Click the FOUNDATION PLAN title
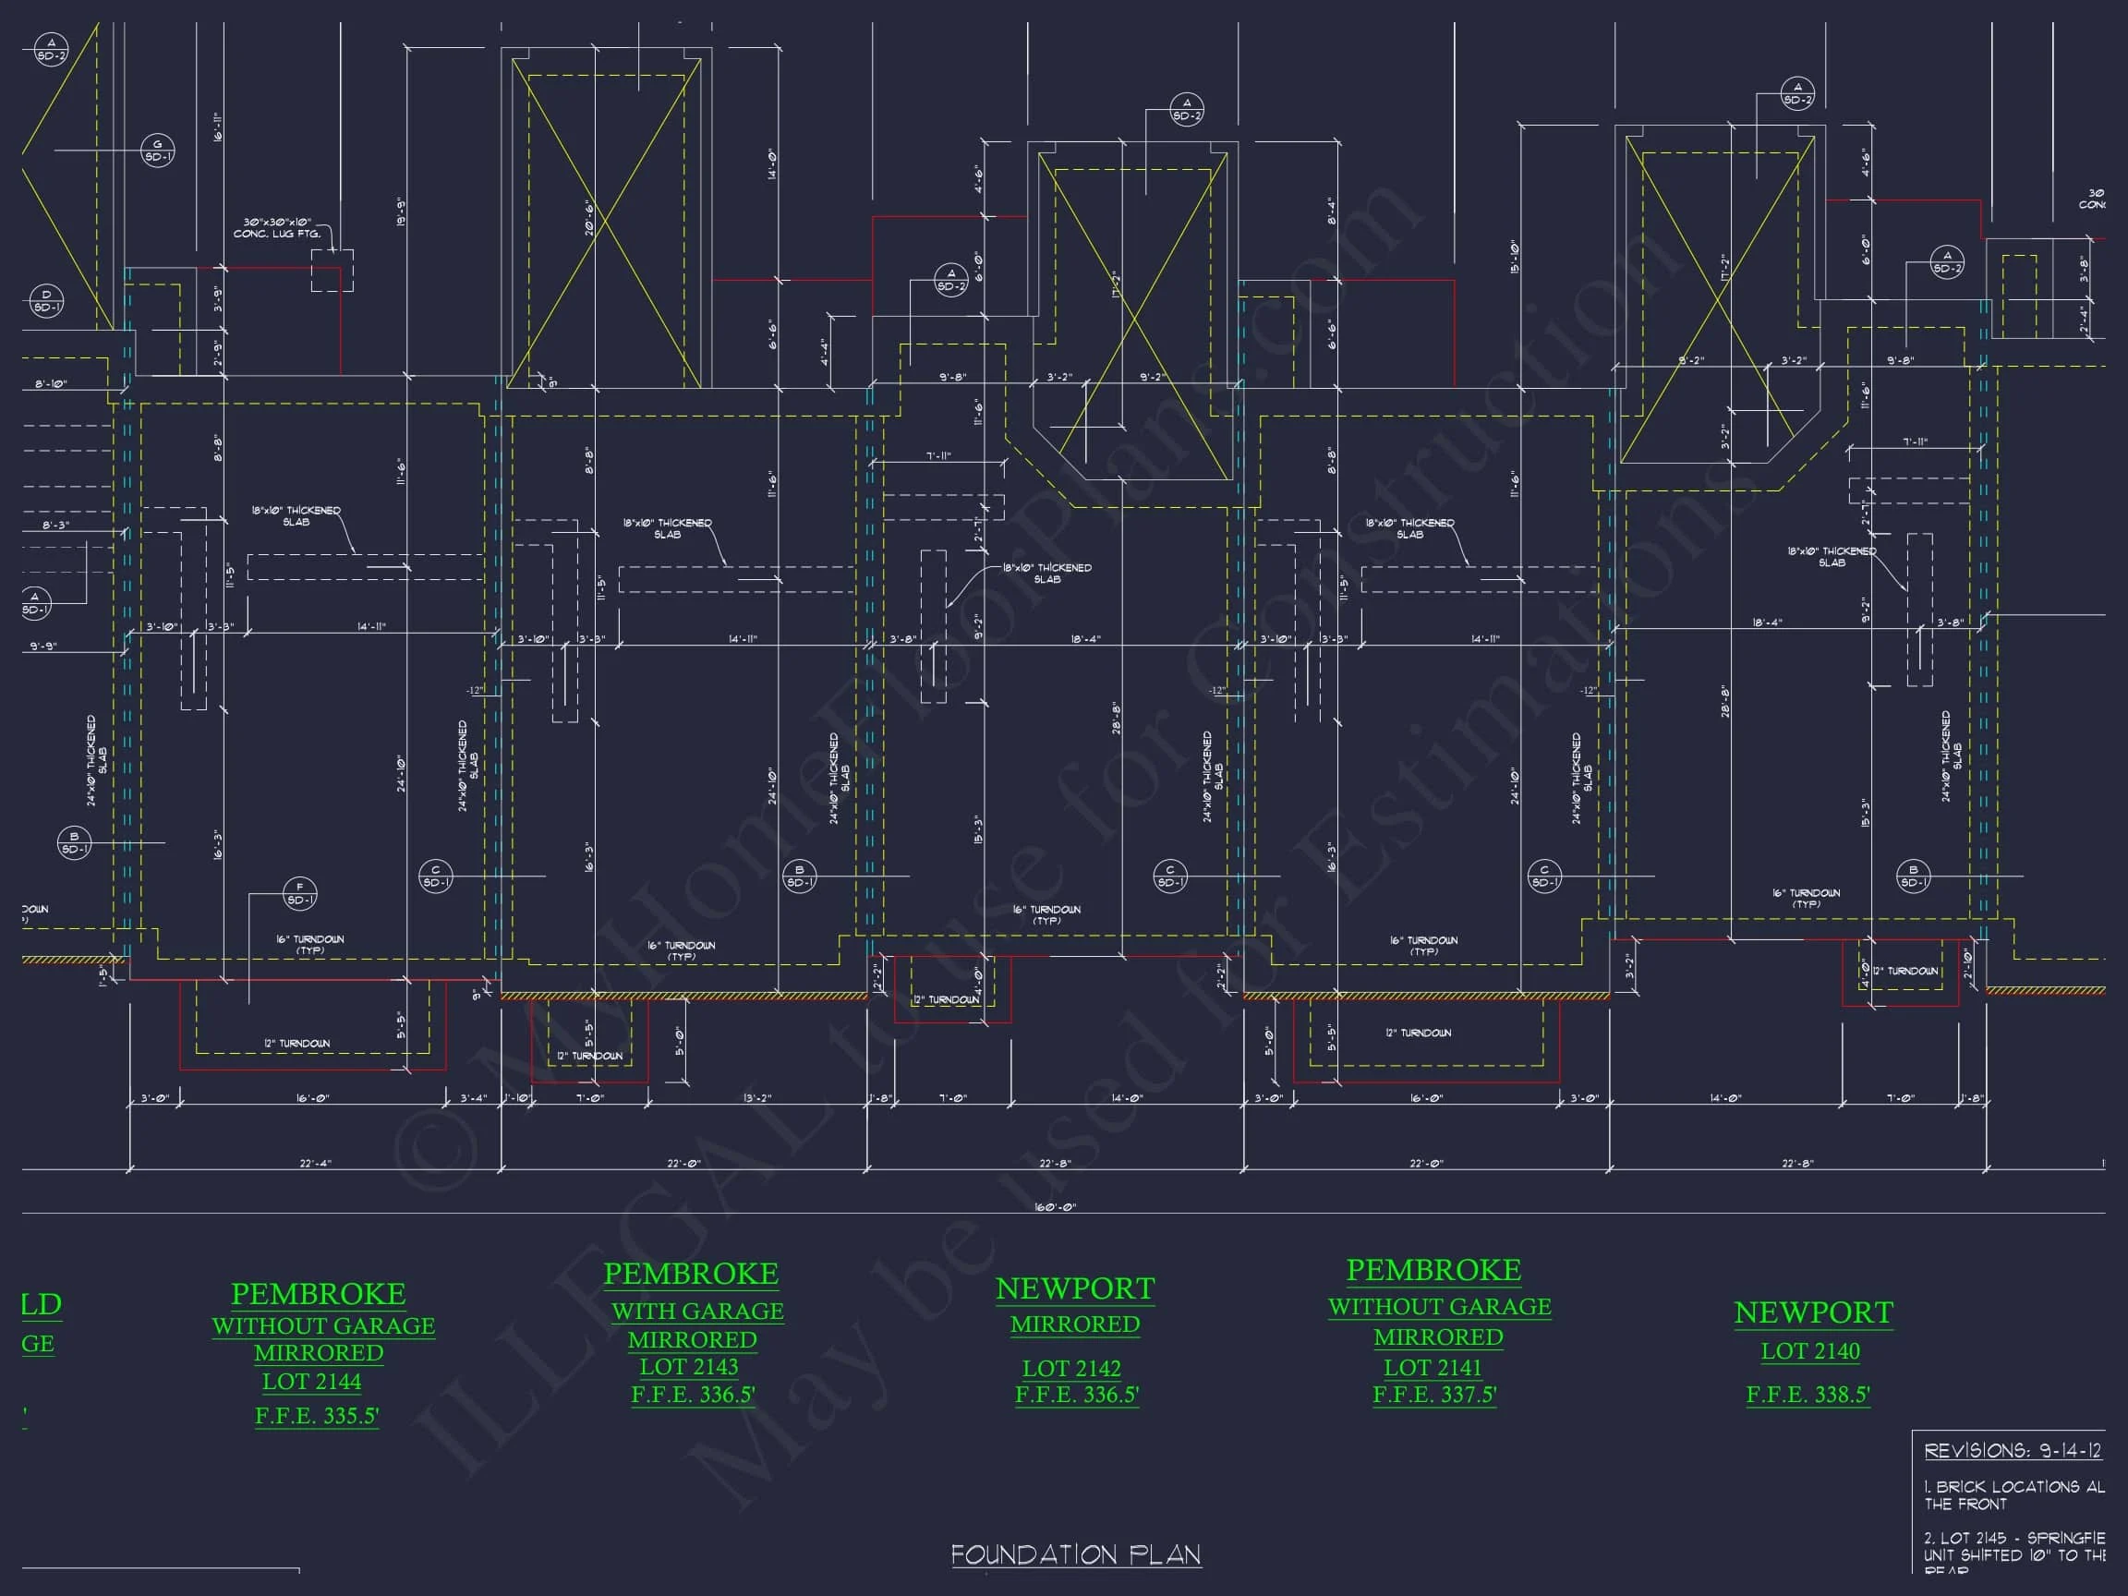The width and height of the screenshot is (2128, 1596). [x=1075, y=1554]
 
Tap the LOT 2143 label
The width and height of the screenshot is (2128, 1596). [x=689, y=1366]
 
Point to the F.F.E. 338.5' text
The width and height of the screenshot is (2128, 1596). [x=1808, y=1394]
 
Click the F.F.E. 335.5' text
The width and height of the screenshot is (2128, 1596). [x=317, y=1416]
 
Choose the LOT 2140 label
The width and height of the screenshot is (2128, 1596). [x=1809, y=1350]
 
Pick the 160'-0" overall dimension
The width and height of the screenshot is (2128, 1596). [x=1055, y=1206]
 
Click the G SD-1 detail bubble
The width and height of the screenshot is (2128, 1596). [x=158, y=151]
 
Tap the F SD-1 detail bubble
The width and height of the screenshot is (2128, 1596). [x=299, y=894]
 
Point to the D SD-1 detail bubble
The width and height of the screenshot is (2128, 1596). [x=46, y=300]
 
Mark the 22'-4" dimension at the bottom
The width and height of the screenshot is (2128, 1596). [x=315, y=1163]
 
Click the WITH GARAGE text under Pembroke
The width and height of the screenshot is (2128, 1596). [x=697, y=1312]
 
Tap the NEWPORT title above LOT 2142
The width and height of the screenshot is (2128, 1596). [x=1074, y=1289]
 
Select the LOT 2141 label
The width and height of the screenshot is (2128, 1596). [x=1433, y=1367]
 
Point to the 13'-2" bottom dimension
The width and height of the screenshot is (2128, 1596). [x=757, y=1098]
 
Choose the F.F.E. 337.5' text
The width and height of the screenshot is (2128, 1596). [x=1434, y=1394]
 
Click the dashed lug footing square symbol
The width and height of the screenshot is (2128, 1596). [x=332, y=270]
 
